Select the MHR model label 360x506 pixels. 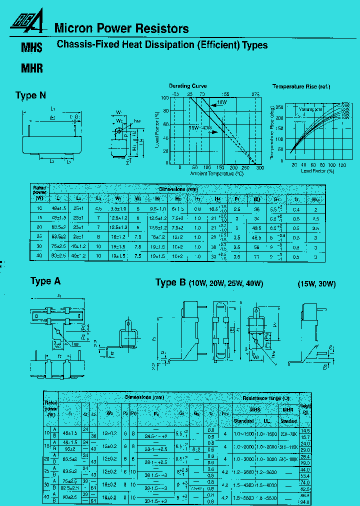(31, 69)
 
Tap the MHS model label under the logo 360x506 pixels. (31, 48)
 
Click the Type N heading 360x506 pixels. (34, 95)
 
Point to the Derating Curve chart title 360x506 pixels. (187, 86)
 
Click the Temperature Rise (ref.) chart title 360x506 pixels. (301, 86)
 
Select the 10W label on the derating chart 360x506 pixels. (222, 103)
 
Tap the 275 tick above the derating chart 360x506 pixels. (255, 93)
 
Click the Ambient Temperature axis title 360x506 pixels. (216, 173)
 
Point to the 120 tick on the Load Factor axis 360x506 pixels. (342, 164)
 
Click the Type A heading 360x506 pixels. (45, 281)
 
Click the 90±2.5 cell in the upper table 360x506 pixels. (59, 256)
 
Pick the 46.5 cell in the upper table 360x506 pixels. (257, 237)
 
